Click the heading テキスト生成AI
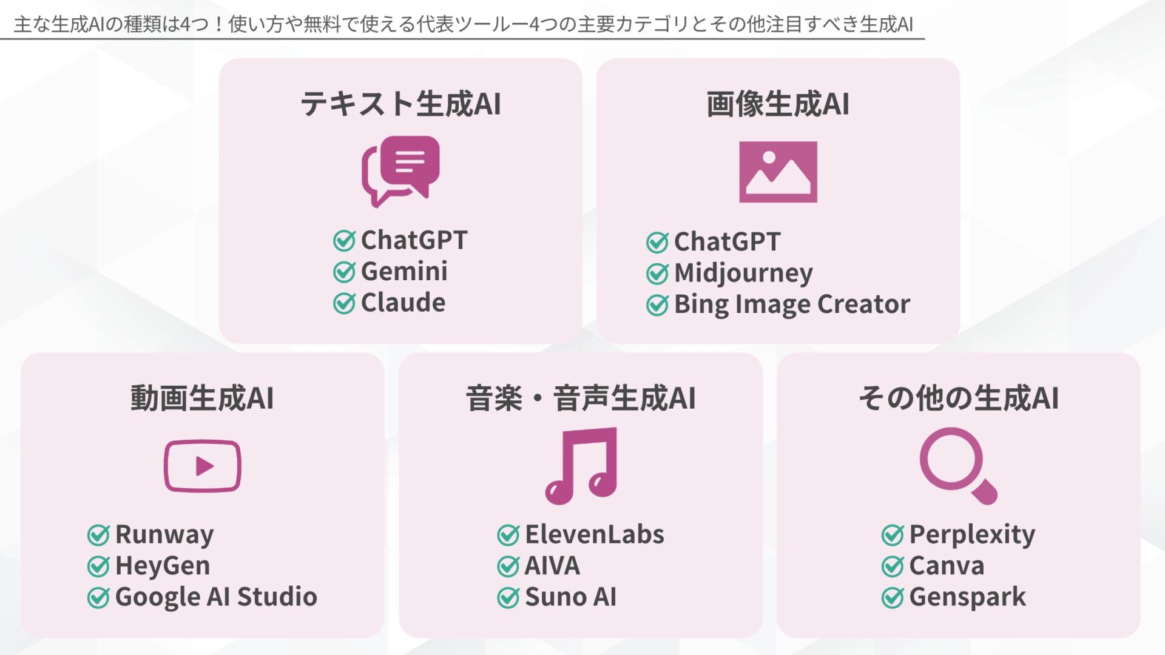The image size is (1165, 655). tap(400, 104)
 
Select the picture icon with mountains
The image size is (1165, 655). tap(778, 172)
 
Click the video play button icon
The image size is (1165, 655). tap(203, 466)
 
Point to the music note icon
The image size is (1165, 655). tap(581, 466)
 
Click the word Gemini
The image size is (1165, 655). tap(404, 271)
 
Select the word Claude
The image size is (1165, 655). tap(403, 303)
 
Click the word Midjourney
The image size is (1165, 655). tap(743, 273)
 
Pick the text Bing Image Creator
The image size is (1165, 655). tap(792, 304)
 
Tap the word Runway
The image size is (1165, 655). tap(164, 535)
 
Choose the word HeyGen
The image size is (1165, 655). tap(163, 566)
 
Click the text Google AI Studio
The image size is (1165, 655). tap(216, 597)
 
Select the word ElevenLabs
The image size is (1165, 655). tap(595, 535)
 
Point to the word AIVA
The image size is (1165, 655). tap(552, 566)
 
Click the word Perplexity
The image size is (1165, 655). tap(972, 535)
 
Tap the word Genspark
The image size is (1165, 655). tap(967, 597)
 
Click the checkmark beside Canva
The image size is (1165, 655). tap(893, 566)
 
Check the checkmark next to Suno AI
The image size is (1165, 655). tap(508, 598)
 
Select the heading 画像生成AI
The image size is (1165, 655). tap(778, 104)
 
